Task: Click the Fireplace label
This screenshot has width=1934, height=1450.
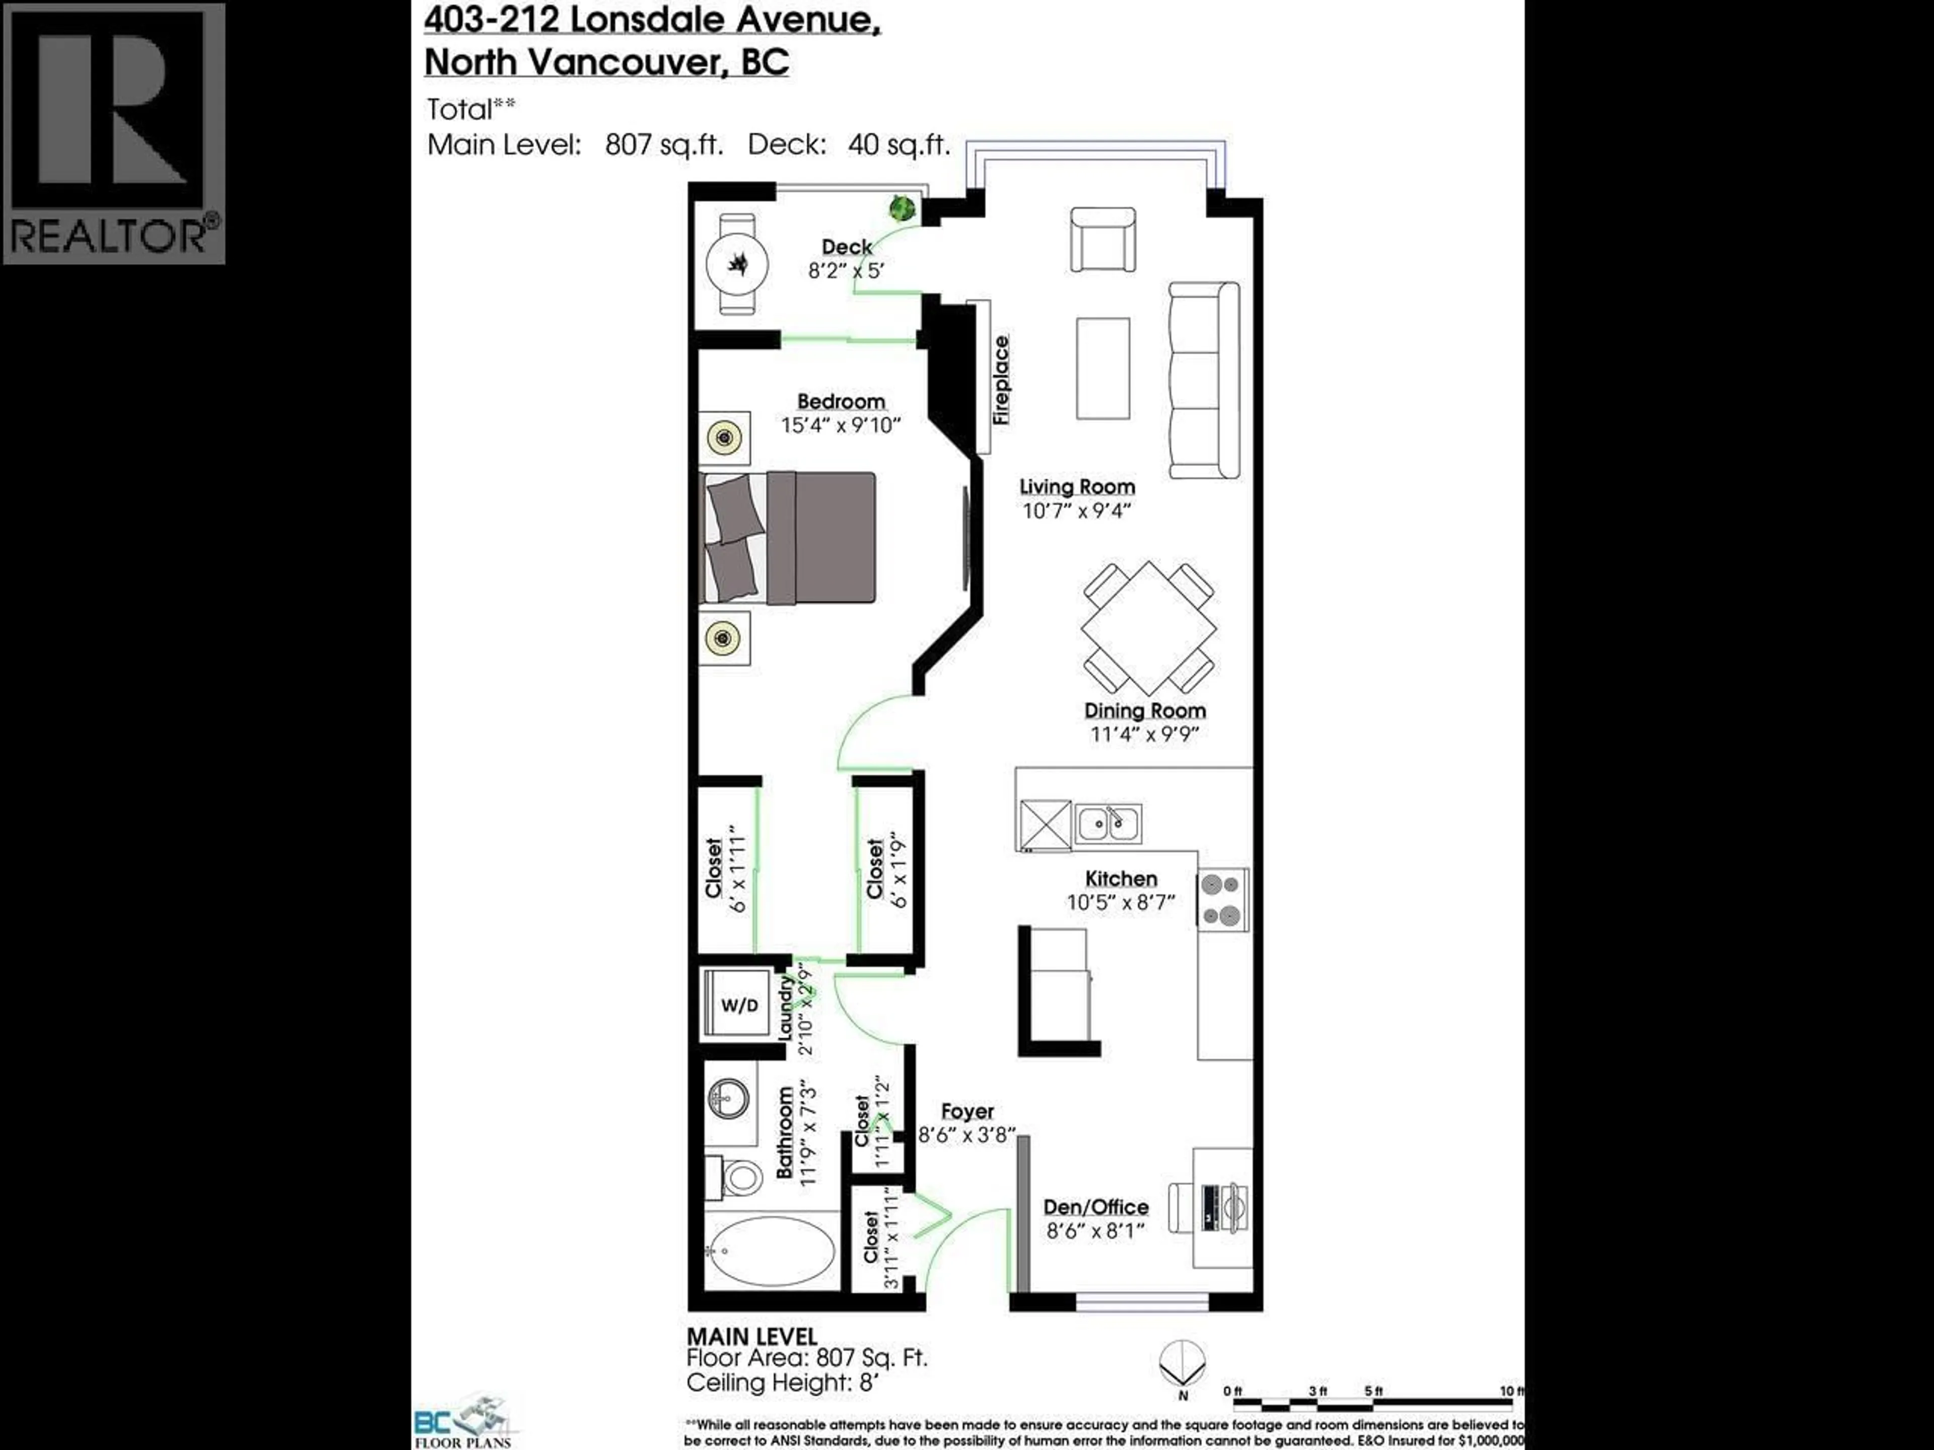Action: tap(1002, 380)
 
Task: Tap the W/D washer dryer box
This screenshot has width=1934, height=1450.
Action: tap(739, 1005)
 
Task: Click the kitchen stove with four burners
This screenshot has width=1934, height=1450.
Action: tap(1222, 899)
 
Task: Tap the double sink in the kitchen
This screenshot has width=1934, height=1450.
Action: tap(1108, 823)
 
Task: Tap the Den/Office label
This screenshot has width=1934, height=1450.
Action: tap(1095, 1207)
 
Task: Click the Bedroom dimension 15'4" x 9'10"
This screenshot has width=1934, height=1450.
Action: tap(840, 425)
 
